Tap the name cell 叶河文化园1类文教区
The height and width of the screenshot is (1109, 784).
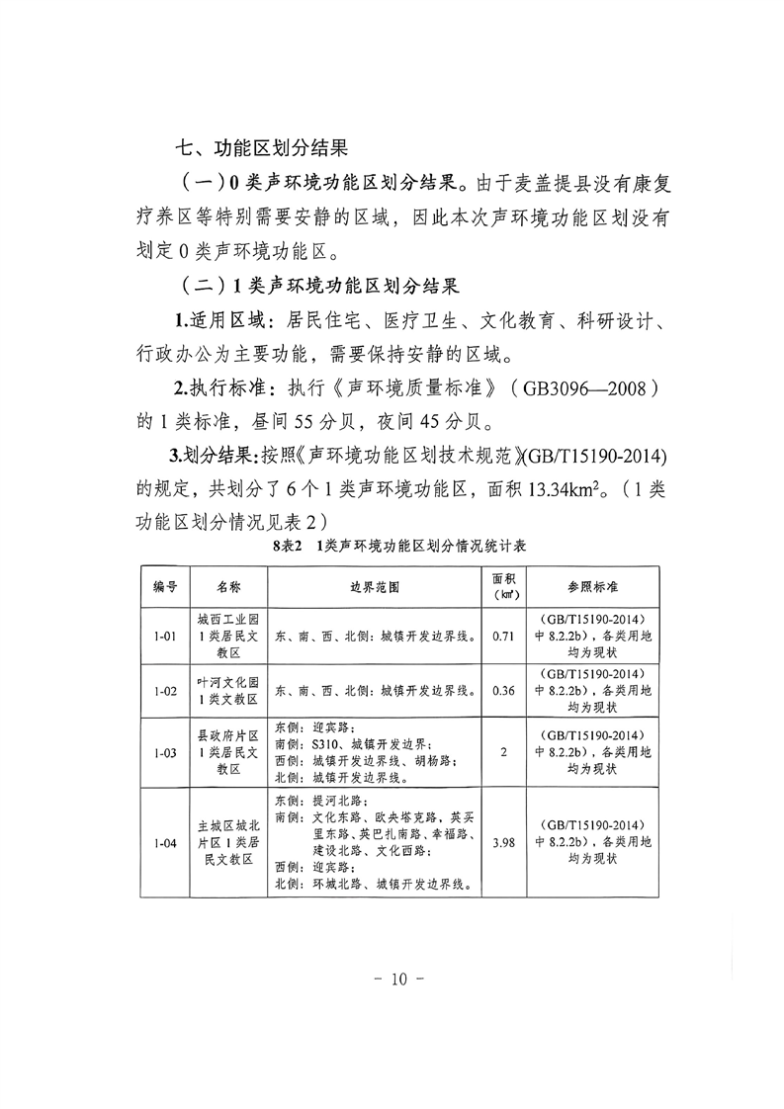coord(227,691)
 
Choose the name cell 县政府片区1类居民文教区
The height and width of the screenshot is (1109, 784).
coord(227,752)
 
